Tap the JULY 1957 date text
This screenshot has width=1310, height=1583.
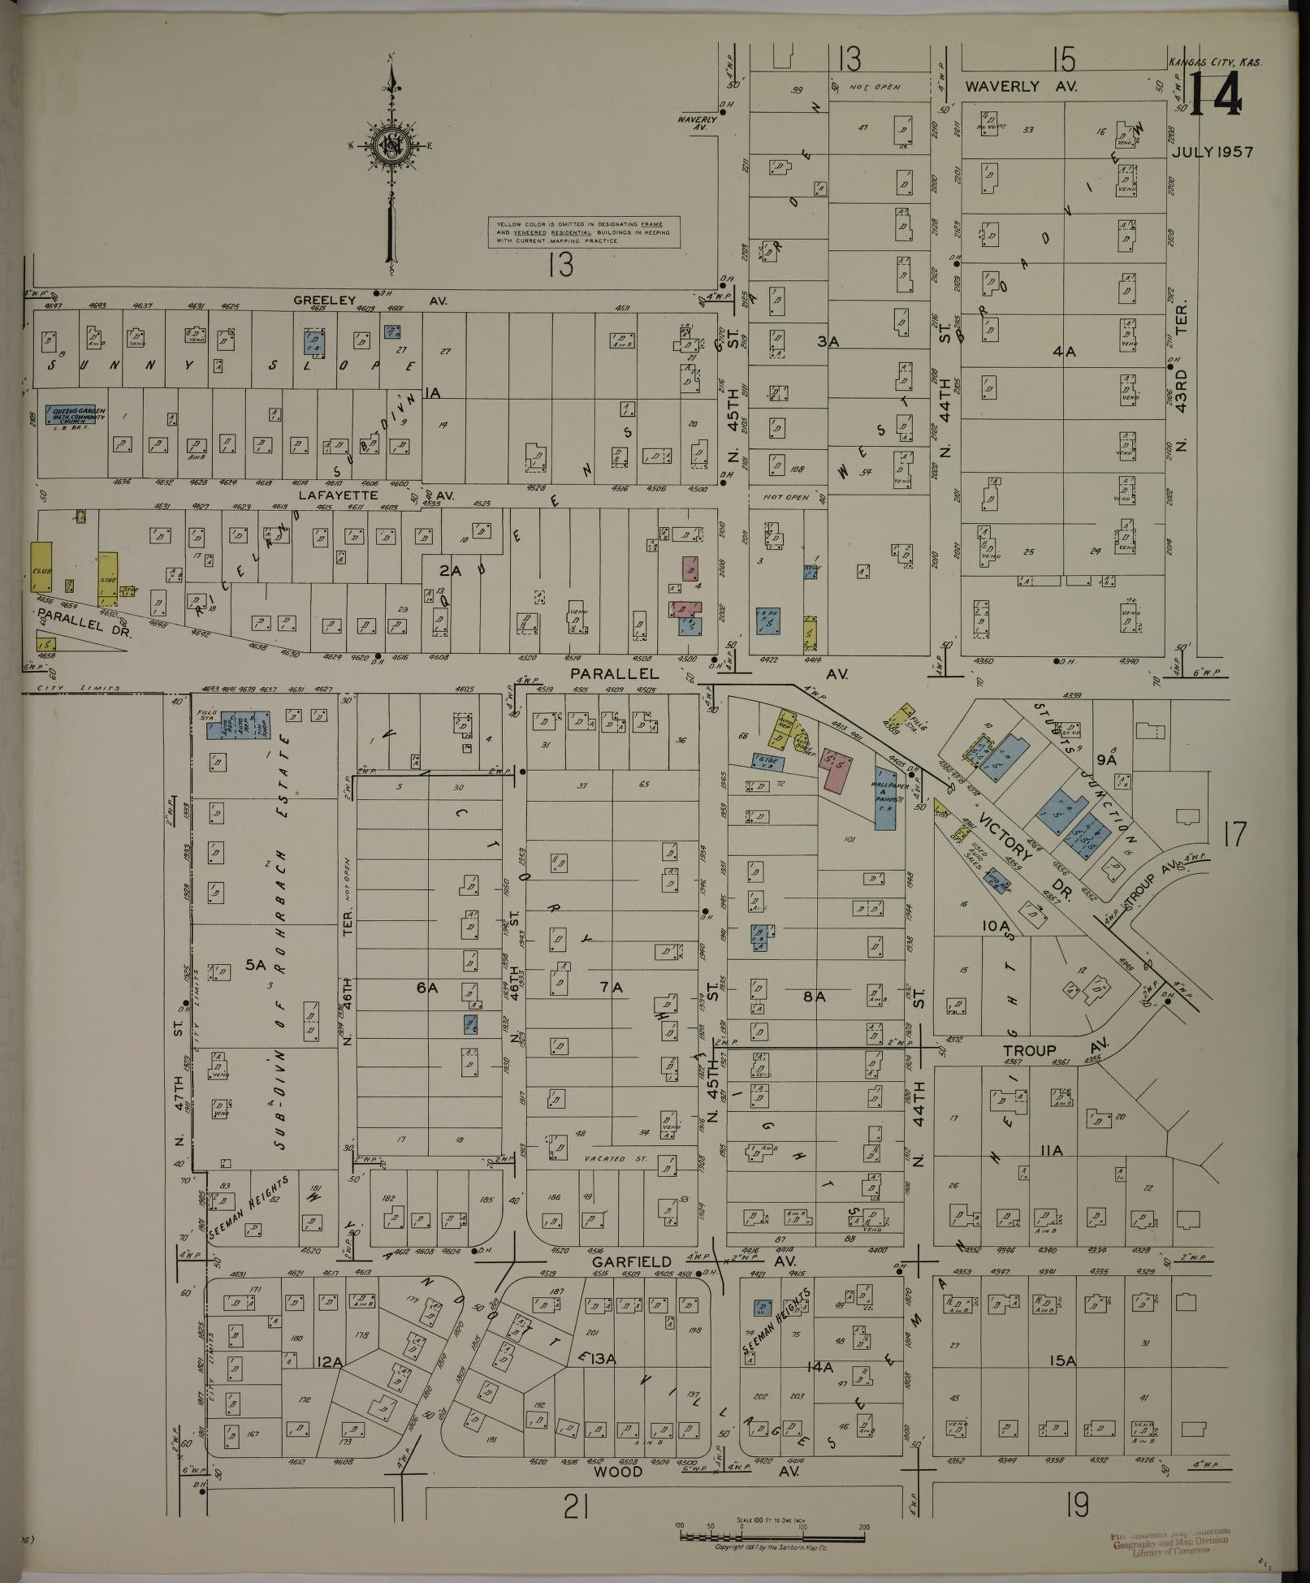tap(1213, 152)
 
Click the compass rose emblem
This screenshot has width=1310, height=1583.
tap(394, 148)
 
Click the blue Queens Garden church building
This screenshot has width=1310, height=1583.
tap(79, 416)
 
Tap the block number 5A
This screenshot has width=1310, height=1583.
tap(256, 965)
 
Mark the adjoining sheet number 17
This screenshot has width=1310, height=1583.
tap(1234, 834)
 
